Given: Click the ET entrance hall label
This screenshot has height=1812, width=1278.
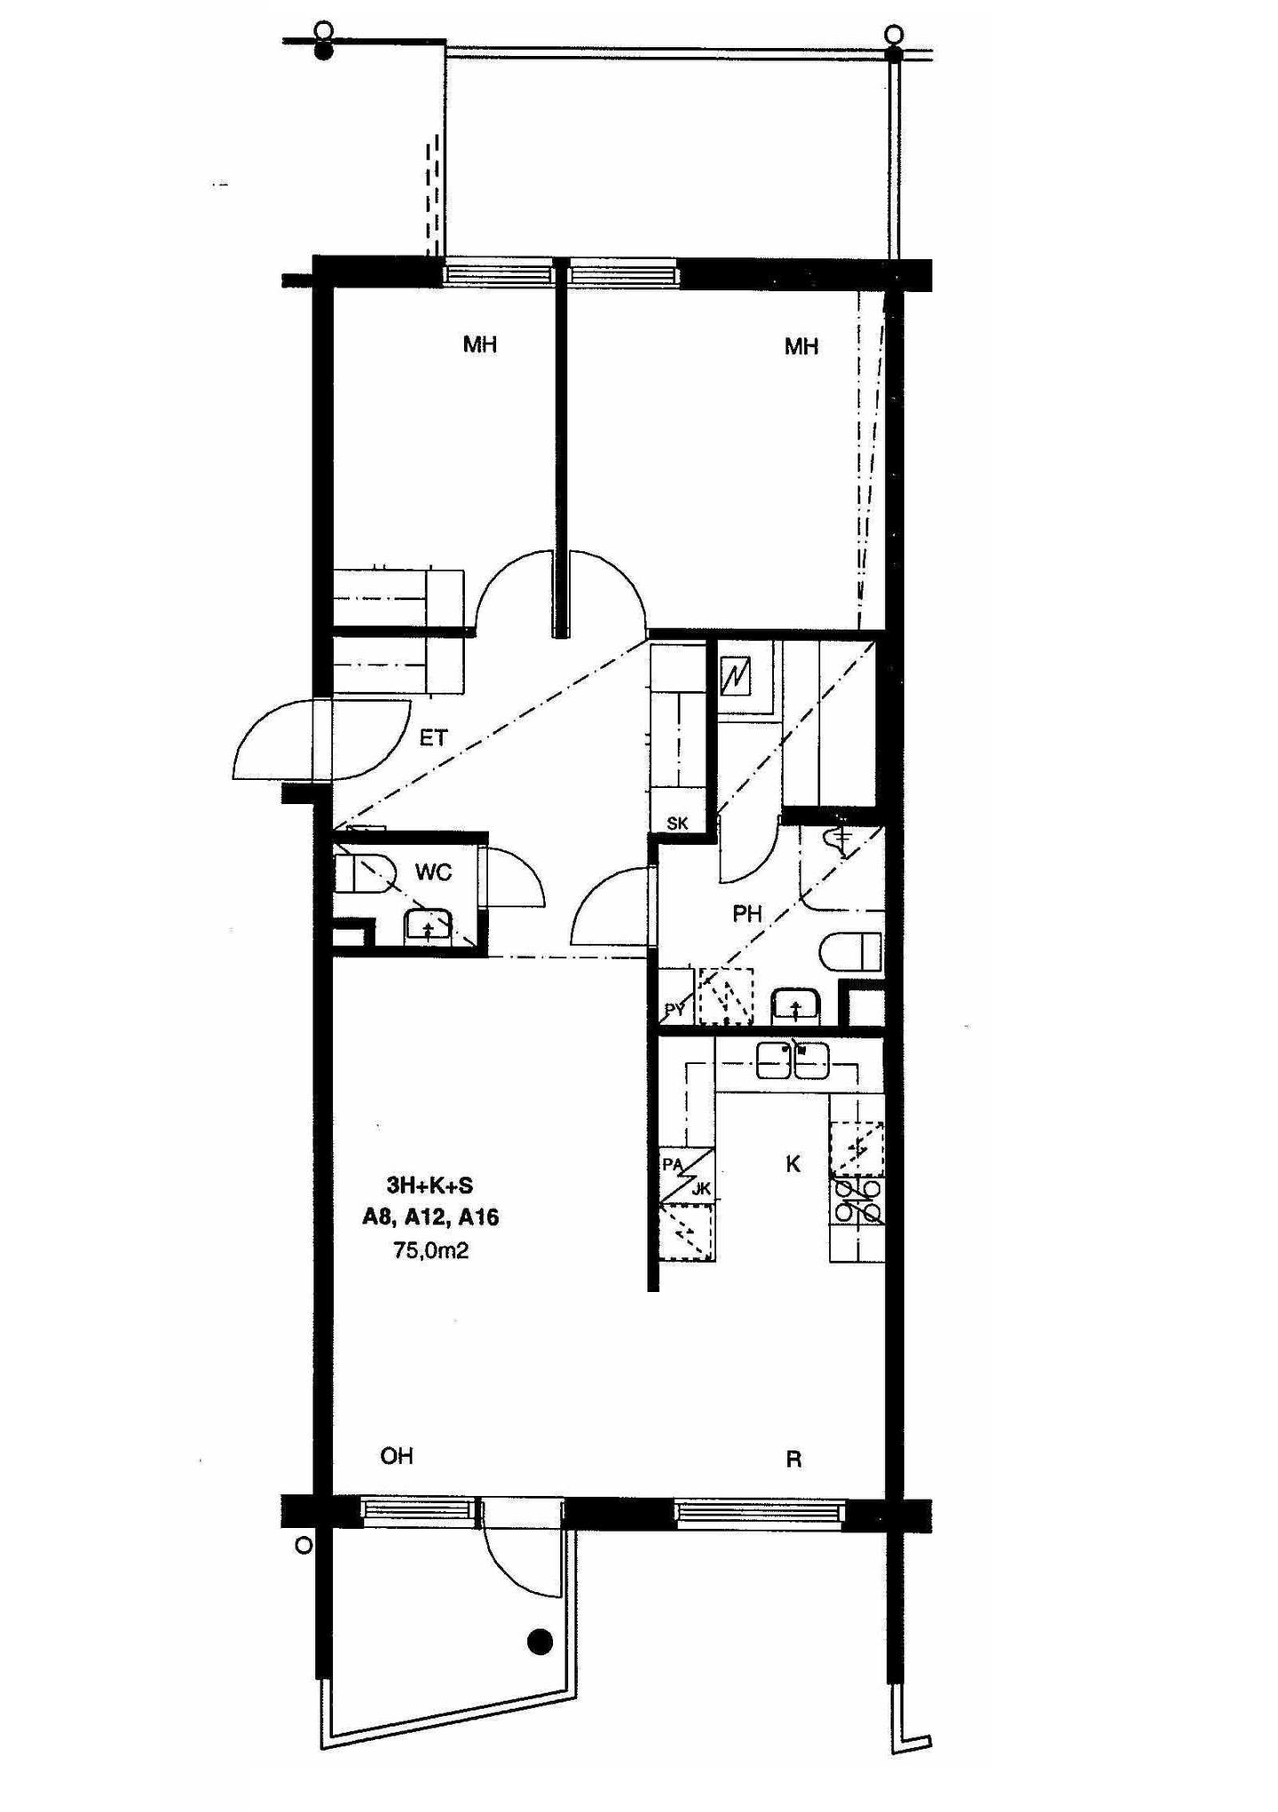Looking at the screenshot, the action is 433,737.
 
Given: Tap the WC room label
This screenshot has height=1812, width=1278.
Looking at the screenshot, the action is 433,872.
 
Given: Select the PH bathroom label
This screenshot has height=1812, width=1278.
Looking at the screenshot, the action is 747,913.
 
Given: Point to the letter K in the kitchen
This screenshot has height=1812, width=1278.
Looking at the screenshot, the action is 793,1164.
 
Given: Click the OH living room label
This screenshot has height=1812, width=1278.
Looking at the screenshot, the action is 397,1456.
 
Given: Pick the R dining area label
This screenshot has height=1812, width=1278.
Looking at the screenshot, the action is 794,1459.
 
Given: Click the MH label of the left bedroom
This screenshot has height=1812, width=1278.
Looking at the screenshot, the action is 480,344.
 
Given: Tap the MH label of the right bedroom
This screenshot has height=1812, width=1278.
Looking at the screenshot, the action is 801,346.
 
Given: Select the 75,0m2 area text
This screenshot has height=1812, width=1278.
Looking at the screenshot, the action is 430,1250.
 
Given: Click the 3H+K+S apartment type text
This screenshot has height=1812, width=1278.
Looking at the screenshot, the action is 430,1185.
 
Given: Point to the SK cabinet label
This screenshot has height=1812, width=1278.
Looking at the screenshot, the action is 677,823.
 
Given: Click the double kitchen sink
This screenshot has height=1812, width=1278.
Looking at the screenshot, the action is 793,1060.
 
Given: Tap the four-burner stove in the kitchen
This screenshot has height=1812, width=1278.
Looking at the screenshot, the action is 858,1201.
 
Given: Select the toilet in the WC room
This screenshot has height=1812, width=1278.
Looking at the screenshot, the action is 364,874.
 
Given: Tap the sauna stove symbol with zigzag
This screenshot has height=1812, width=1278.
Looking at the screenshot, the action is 736,677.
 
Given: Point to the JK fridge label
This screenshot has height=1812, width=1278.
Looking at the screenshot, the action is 701,1190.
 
